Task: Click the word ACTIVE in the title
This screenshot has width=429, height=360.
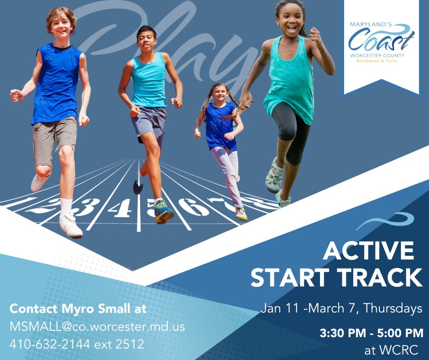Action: pos(368,250)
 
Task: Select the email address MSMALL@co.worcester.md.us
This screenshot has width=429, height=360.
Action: pos(97,327)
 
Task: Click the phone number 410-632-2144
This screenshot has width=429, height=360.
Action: pos(50,344)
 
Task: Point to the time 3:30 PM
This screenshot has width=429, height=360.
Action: pos(343,333)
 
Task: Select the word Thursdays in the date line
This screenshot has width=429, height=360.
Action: pos(393,308)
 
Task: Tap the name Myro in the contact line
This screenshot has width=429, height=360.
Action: pos(78,309)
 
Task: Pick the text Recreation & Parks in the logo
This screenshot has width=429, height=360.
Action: pos(377,61)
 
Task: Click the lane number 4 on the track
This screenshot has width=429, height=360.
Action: pos(120,208)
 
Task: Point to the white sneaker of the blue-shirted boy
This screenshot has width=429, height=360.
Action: pos(71,225)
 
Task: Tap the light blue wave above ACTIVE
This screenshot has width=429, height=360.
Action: pos(385,221)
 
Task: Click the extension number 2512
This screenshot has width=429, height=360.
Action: pos(130,344)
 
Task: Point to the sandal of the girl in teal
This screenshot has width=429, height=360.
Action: pos(274,175)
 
